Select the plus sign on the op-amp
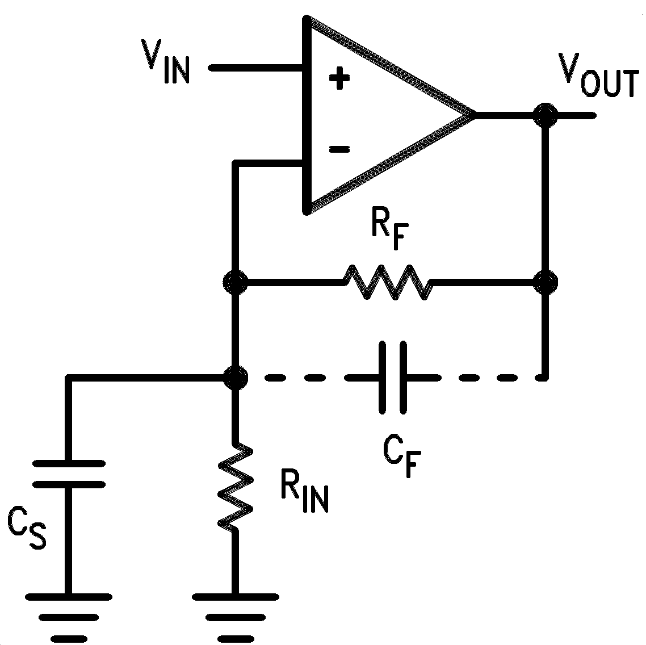[x=339, y=78]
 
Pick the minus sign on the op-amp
[x=339, y=149]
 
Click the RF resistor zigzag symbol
[x=387, y=280]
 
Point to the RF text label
[x=391, y=232]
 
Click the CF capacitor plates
[x=392, y=376]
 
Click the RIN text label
[x=304, y=492]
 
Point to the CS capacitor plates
[x=69, y=474]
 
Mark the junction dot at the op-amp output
[x=546, y=115]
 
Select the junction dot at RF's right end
[x=546, y=281]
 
